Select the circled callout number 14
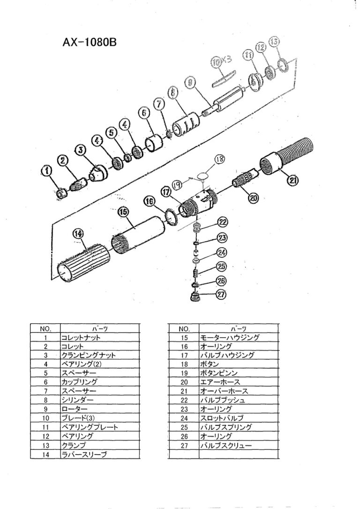pyautogui.click(x=78, y=233)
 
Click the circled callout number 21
pyautogui.click(x=293, y=180)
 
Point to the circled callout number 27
pyautogui.click(x=221, y=295)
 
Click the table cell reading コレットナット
pyautogui.click(x=80, y=337)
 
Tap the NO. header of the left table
pyautogui.click(x=45, y=328)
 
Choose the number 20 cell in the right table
pyautogui.click(x=184, y=382)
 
